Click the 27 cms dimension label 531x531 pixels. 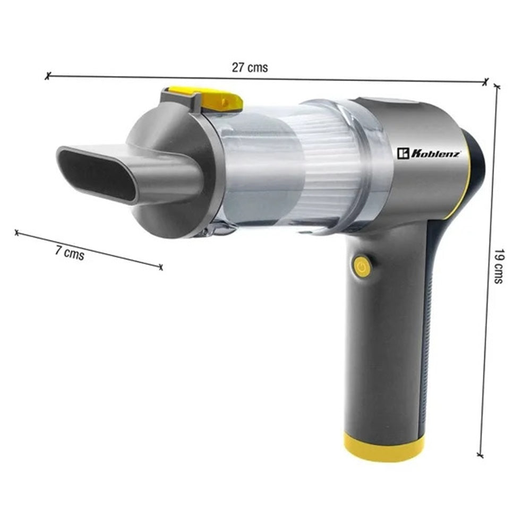click(x=250, y=67)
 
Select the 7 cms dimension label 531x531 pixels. click(x=70, y=252)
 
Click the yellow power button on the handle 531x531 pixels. click(x=362, y=267)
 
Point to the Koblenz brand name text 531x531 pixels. click(x=435, y=154)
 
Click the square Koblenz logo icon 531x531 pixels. click(x=404, y=153)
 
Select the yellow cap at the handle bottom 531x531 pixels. click(x=384, y=447)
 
